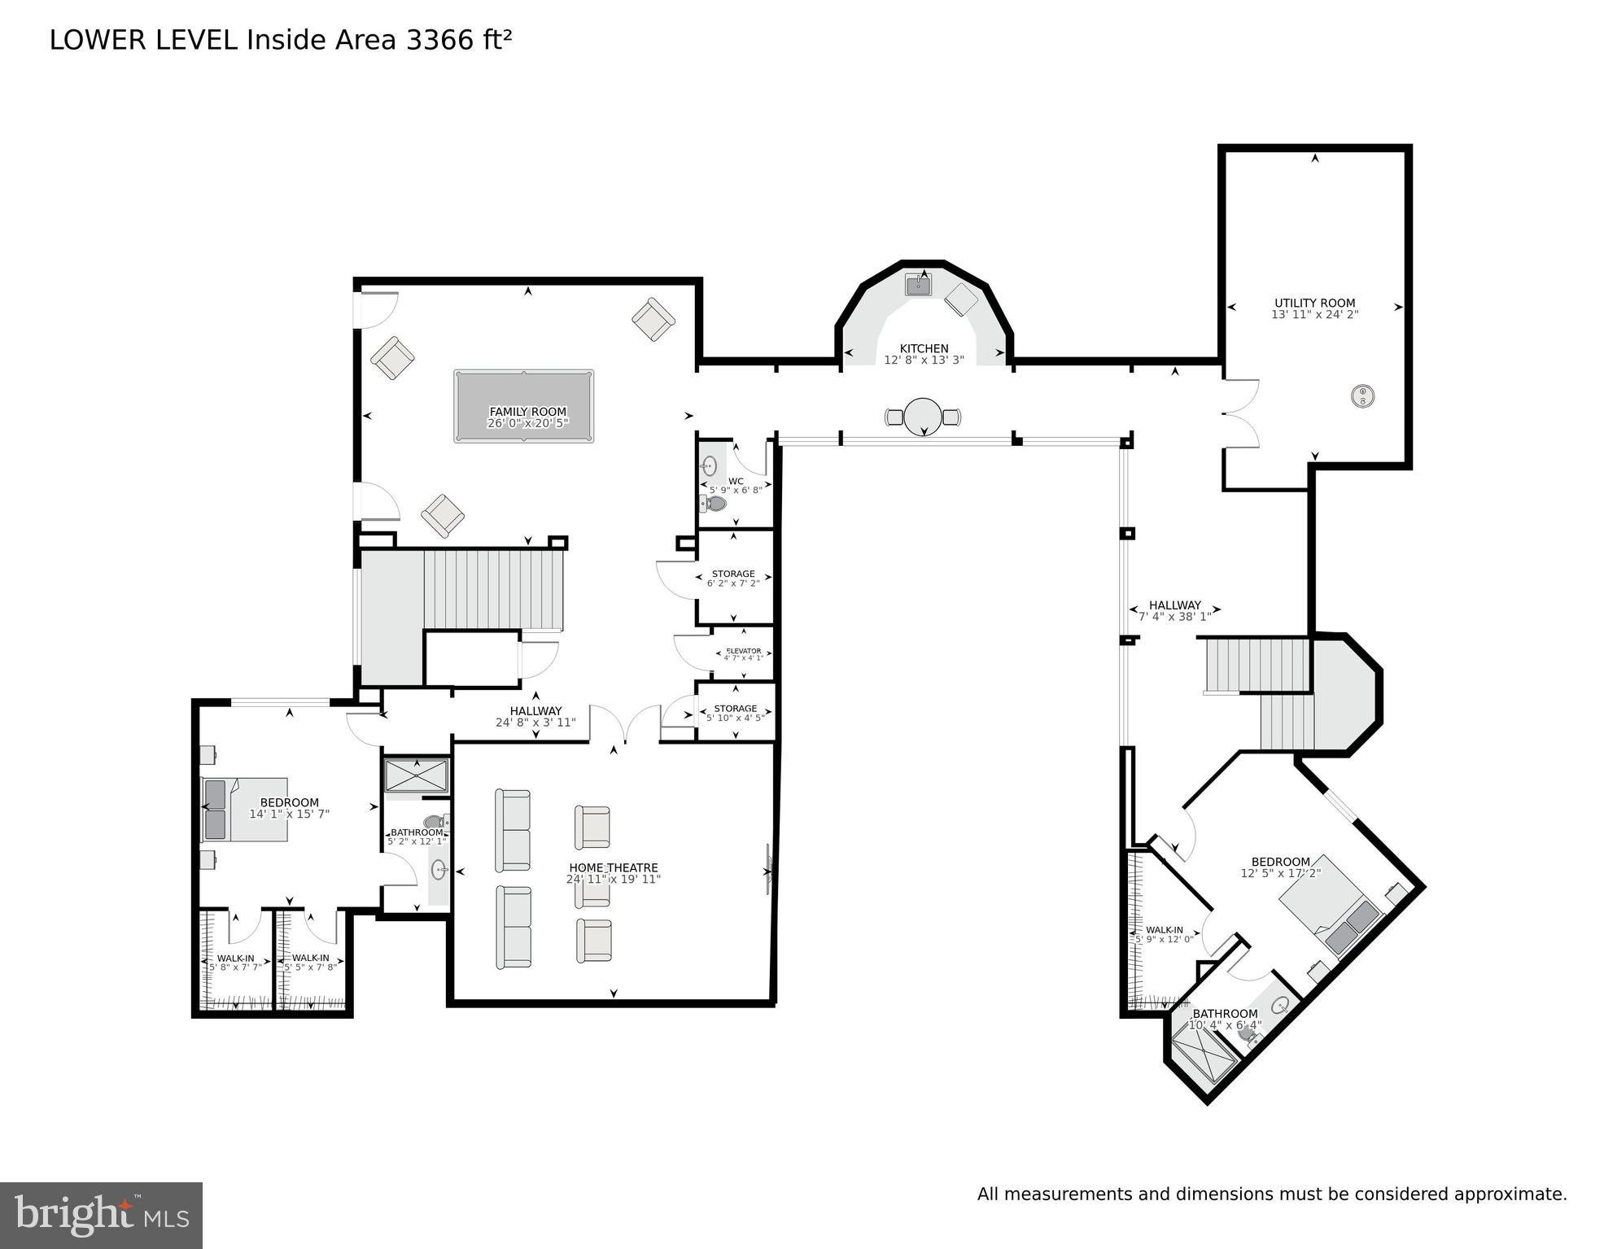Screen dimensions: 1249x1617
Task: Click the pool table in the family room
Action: [523, 406]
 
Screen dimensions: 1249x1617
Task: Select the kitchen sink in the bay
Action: [919, 285]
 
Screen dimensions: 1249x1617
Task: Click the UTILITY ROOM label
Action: [1314, 303]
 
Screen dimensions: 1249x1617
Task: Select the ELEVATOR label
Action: [743, 650]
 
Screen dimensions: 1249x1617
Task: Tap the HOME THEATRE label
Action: [613, 867]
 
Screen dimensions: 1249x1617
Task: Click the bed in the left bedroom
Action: [245, 809]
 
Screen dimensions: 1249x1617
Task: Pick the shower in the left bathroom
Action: [416, 775]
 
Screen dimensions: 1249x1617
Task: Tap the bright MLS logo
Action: [101, 1215]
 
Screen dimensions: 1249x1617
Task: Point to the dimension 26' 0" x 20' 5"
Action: [527, 423]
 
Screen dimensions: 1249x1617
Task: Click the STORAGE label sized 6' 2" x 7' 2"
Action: [733, 574]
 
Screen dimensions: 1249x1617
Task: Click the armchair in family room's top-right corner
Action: [653, 319]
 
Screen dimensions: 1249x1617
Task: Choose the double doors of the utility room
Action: [1241, 413]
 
